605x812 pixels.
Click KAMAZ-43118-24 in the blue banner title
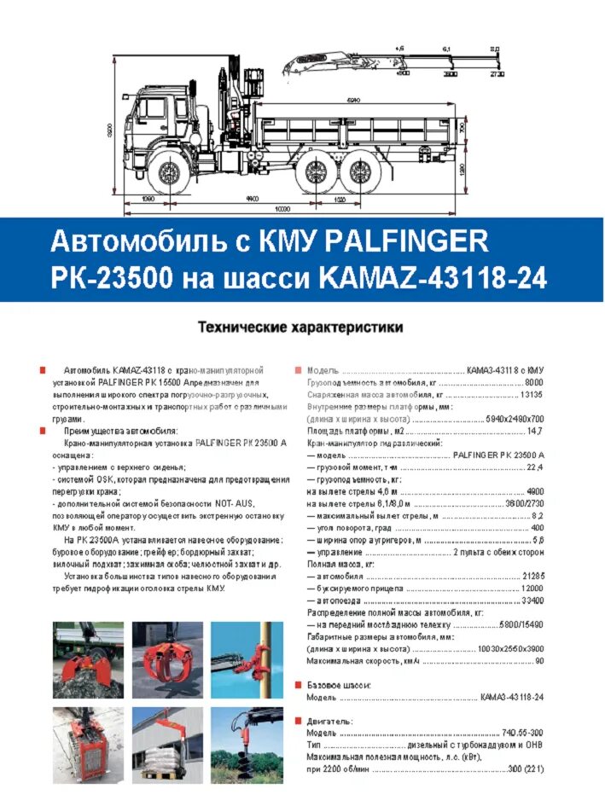click(x=433, y=278)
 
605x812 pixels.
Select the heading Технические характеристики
click(x=300, y=326)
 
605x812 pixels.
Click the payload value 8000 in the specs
click(x=533, y=383)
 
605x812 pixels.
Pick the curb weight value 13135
click(x=532, y=395)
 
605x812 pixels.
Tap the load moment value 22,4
click(x=535, y=467)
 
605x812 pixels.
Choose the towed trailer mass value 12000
click(x=532, y=589)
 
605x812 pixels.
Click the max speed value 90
click(x=538, y=660)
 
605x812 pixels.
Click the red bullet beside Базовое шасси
click(x=298, y=685)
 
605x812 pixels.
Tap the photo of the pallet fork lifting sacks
click(x=168, y=745)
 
